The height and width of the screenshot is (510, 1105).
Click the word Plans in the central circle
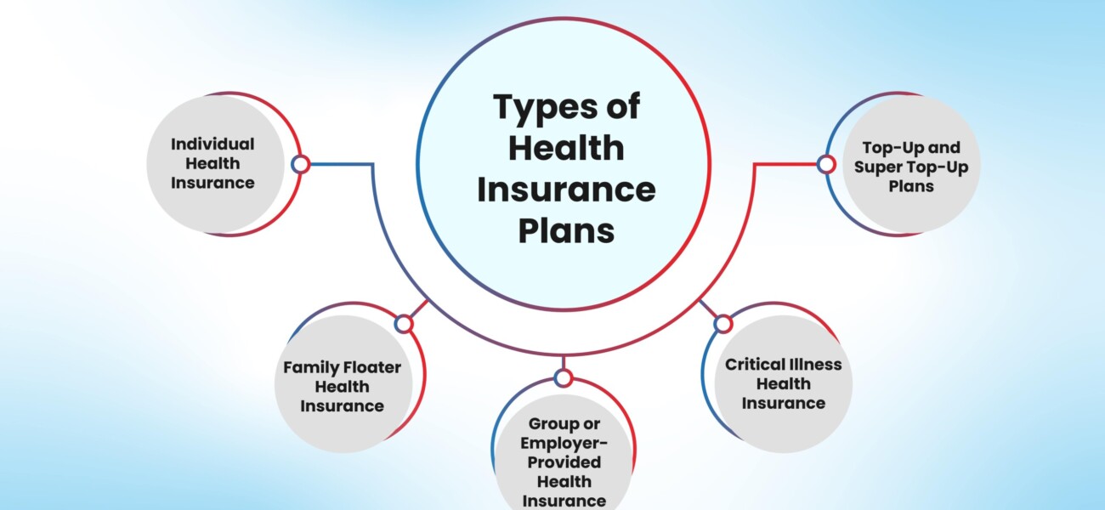pyautogui.click(x=566, y=230)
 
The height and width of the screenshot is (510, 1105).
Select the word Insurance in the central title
pyautogui.click(x=566, y=189)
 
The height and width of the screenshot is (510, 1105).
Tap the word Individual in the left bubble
pyautogui.click(x=212, y=144)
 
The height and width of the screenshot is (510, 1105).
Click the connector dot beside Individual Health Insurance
pyautogui.click(x=299, y=164)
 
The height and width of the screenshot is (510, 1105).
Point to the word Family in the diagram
pyautogui.click(x=311, y=367)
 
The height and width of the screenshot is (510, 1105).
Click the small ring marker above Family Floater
pyautogui.click(x=404, y=323)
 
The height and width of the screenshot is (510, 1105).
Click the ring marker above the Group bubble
pyautogui.click(x=563, y=377)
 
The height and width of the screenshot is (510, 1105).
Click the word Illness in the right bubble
pyautogui.click(x=818, y=364)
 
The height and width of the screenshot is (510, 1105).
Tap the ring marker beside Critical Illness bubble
pyautogui.click(x=722, y=323)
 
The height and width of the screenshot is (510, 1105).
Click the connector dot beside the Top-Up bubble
pyautogui.click(x=824, y=164)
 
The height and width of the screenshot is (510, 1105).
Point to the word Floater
pyautogui.click(x=371, y=367)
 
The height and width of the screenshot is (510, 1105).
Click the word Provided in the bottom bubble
pyautogui.click(x=564, y=462)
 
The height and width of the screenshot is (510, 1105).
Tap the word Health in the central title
pyautogui.click(x=566, y=149)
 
